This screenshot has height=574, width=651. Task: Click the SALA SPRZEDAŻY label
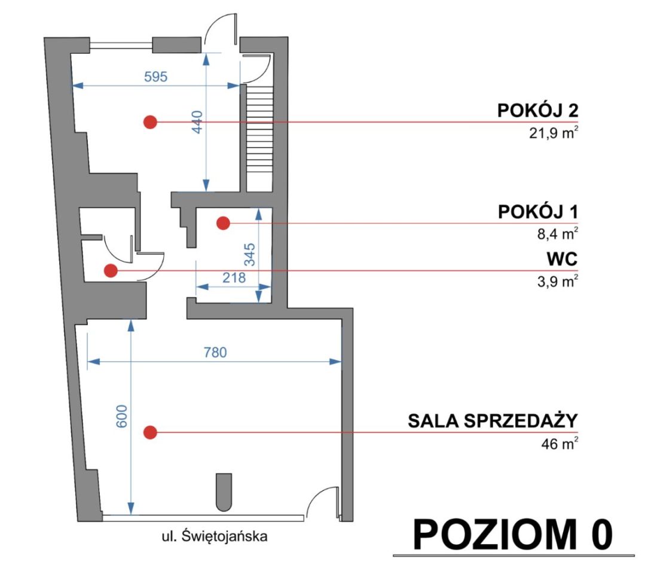493,421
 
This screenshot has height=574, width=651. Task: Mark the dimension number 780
215,352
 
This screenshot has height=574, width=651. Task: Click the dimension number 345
249,254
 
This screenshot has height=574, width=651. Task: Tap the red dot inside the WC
110,271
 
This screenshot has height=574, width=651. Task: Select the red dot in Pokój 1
223,223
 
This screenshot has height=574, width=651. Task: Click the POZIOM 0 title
513,533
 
